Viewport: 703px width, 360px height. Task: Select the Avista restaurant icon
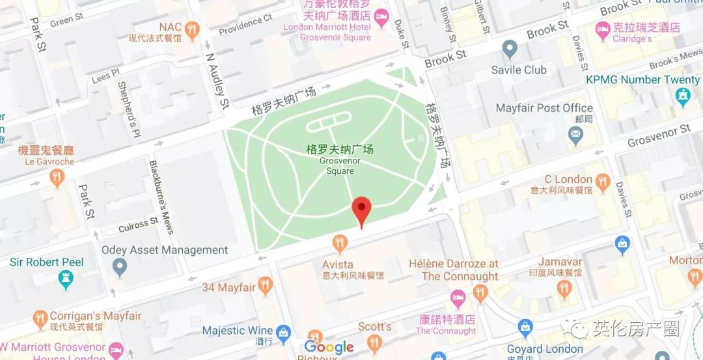tap(338, 244)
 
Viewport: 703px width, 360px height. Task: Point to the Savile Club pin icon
tap(510, 49)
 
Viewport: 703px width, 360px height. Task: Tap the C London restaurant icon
tap(603, 183)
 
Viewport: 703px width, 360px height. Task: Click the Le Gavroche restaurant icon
tap(57, 177)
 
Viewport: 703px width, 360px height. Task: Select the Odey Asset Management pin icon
tap(119, 266)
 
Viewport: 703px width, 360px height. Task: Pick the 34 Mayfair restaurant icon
tap(264, 285)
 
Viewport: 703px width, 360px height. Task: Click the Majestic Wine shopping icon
tap(283, 333)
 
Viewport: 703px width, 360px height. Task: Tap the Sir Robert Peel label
tap(47, 262)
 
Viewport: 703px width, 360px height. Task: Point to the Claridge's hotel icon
tap(602, 29)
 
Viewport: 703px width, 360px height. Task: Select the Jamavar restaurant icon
tap(564, 288)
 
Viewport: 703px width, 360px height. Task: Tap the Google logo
tap(329, 348)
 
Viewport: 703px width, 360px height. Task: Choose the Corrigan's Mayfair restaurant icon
tap(40, 319)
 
